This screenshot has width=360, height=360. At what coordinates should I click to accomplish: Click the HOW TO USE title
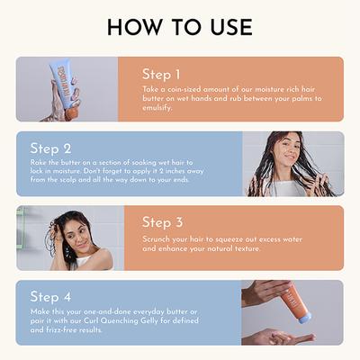[x=180, y=27]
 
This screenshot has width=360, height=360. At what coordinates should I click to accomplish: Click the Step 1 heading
[x=162, y=74]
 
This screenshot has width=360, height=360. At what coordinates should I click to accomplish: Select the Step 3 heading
[x=163, y=221]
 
